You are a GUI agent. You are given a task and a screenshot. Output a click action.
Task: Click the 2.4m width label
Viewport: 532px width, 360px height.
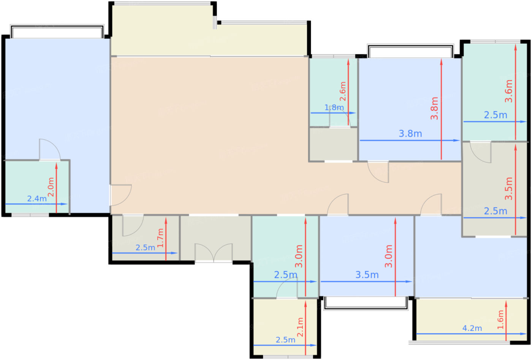(x=37, y=199)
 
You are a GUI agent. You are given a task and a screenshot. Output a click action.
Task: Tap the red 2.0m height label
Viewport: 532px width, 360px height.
(x=51, y=187)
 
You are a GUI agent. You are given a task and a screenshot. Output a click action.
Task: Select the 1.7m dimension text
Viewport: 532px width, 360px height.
(x=160, y=238)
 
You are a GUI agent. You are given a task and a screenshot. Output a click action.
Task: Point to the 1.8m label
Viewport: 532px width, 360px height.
(x=334, y=107)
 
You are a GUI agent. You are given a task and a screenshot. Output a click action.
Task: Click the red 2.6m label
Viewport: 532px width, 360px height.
(x=343, y=91)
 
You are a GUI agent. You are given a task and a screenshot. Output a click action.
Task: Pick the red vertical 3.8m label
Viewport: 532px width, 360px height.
(x=434, y=108)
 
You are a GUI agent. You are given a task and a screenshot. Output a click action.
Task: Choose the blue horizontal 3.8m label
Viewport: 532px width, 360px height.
(x=410, y=134)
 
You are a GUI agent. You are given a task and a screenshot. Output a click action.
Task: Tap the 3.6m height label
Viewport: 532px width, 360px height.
(x=508, y=91)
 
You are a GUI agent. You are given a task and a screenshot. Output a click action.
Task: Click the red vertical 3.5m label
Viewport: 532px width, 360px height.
(x=508, y=189)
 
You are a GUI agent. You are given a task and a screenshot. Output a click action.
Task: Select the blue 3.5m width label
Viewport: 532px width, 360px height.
(x=367, y=275)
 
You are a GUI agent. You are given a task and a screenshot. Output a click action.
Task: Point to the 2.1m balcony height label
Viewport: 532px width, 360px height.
(x=300, y=327)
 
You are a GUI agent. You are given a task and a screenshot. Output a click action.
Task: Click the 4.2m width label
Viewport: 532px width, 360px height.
(x=472, y=328)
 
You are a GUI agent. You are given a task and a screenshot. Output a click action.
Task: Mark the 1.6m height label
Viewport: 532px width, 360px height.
(x=500, y=319)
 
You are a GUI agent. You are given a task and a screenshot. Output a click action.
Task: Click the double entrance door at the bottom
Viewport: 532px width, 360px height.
(x=214, y=253)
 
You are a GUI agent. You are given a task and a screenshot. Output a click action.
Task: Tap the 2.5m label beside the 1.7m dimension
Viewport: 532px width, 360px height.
(x=145, y=248)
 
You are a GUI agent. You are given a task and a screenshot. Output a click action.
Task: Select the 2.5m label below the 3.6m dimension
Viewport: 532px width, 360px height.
(x=496, y=115)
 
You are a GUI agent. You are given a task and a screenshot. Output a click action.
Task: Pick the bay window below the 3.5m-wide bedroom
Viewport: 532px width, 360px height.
(x=366, y=303)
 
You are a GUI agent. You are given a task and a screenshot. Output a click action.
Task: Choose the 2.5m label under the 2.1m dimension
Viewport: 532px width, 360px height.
(x=285, y=340)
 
